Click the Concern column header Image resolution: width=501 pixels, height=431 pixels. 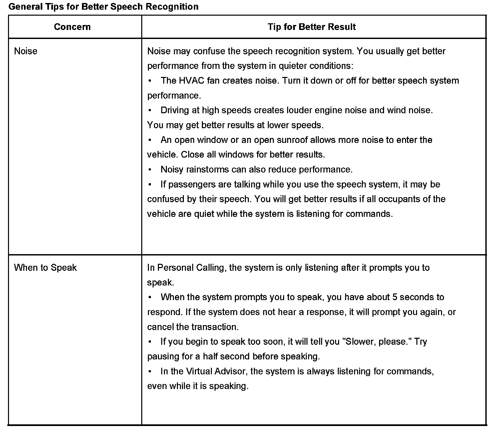tap(72, 27)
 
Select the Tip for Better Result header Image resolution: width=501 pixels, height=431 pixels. tap(311, 27)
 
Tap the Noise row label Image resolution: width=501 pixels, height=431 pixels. tap(26, 51)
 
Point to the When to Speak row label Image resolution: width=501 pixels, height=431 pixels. tap(45, 268)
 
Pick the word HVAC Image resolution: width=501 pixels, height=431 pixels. tap(192, 81)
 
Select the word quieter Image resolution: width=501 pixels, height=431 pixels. tap(292, 66)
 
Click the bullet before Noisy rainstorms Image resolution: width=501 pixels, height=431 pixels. tap(150, 170)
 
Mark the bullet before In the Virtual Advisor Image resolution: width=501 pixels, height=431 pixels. tap(150, 371)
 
